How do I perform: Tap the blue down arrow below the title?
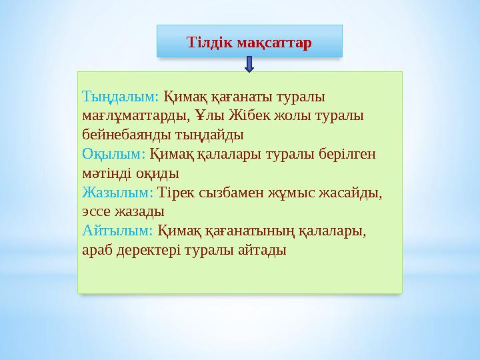coord(249,64)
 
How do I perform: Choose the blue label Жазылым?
coord(118,193)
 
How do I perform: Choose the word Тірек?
coord(176,193)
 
